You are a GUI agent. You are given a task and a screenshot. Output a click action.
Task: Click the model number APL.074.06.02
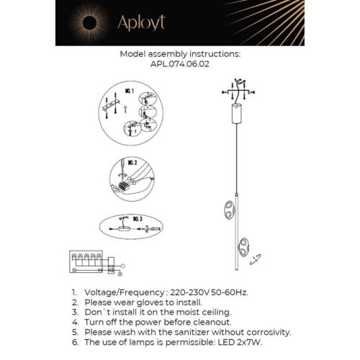180,63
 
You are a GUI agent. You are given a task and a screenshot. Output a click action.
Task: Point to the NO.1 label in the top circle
130,92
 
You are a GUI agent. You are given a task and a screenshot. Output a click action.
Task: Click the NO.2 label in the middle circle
131,163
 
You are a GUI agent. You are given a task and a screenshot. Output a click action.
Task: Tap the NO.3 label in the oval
137,218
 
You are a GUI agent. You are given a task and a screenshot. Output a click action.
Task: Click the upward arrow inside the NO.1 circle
127,109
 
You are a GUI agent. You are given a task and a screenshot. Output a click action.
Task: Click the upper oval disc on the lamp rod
228,210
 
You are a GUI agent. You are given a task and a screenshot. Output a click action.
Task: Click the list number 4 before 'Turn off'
74,323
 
